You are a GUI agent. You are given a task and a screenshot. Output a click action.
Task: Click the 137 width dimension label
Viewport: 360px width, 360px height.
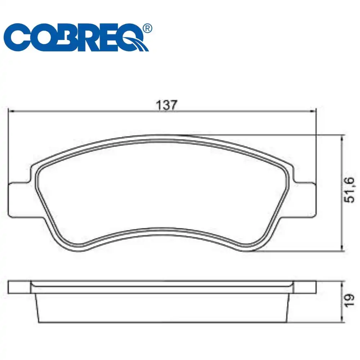167,105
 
